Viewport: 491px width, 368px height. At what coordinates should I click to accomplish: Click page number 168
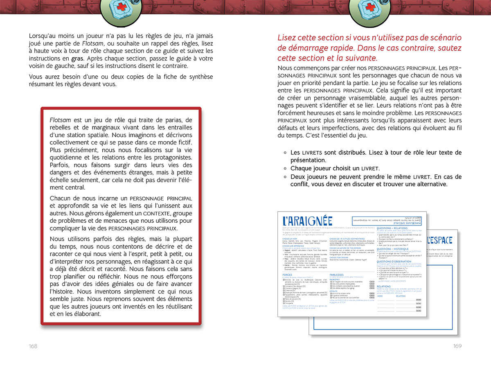(33, 346)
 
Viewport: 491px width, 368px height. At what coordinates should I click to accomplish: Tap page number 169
(457, 346)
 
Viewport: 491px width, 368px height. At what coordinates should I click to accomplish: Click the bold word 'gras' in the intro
(77, 58)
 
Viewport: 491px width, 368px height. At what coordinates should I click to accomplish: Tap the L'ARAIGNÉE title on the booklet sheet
(308, 221)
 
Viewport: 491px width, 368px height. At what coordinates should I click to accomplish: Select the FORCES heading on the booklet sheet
(287, 275)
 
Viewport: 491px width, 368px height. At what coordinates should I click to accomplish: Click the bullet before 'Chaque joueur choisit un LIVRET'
(285, 168)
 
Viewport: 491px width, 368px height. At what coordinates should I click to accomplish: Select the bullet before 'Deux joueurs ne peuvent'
(285, 176)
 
